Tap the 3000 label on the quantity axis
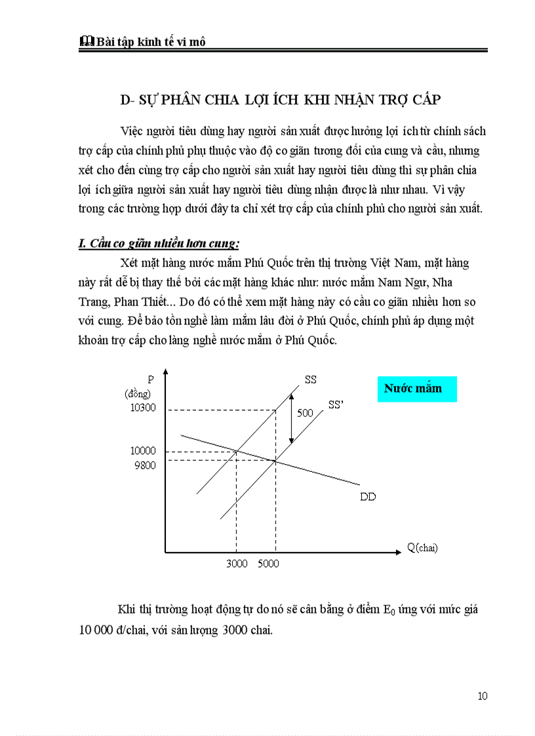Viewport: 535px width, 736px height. (237, 564)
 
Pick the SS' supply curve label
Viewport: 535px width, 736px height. (336, 405)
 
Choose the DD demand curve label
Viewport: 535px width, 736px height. (368, 496)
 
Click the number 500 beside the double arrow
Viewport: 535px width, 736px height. (306, 414)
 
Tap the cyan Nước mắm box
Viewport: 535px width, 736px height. (417, 388)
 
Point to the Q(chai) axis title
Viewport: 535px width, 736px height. (422, 547)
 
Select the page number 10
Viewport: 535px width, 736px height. (483, 696)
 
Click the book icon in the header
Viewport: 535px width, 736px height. (85, 41)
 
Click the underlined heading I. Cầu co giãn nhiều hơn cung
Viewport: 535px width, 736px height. (159, 244)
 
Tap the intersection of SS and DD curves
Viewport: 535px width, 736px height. (237, 451)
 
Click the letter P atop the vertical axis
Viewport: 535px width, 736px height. (150, 379)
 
